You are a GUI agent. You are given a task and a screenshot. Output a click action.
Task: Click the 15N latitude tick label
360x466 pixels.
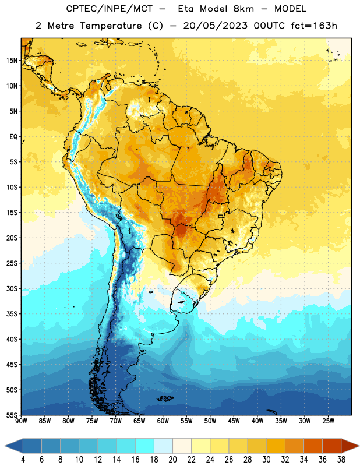tap(12, 61)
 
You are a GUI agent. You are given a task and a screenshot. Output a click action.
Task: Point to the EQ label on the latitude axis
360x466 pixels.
tap(13, 137)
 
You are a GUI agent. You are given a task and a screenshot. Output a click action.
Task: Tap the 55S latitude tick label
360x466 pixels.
tap(12, 415)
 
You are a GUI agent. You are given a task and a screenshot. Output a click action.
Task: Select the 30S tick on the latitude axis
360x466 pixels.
tap(12, 288)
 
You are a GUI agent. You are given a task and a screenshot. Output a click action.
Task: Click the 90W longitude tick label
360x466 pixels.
tap(21, 421)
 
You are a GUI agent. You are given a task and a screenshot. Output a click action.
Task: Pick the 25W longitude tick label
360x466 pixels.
tap(328, 421)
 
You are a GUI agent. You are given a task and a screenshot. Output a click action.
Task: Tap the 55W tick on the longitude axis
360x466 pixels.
tap(186, 421)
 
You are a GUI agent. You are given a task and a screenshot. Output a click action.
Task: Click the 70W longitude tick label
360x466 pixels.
tap(116, 421)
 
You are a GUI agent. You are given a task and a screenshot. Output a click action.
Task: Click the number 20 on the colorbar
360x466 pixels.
tap(172, 460)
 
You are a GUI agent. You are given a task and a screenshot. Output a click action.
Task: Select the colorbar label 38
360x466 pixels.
tap(341, 460)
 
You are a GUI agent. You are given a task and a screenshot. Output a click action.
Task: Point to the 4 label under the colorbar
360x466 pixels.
tap(23, 460)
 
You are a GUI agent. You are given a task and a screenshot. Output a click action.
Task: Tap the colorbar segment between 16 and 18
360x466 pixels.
tap(145, 446)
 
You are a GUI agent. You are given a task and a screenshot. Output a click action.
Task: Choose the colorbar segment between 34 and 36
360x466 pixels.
tap(313, 446)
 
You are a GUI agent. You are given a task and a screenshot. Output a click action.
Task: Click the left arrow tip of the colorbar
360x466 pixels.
tap(5, 446)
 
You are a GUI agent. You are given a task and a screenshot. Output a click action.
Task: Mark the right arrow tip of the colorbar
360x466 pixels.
tap(359, 446)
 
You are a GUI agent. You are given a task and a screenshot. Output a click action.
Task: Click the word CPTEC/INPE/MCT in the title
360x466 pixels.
tap(109, 9)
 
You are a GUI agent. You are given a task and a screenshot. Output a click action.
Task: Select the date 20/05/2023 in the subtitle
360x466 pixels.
tap(215, 26)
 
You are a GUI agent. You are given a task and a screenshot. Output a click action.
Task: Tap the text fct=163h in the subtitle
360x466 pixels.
tap(314, 26)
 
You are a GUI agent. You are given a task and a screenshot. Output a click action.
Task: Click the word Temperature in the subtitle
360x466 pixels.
tap(111, 26)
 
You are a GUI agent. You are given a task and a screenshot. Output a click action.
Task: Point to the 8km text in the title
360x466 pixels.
tap(243, 9)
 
